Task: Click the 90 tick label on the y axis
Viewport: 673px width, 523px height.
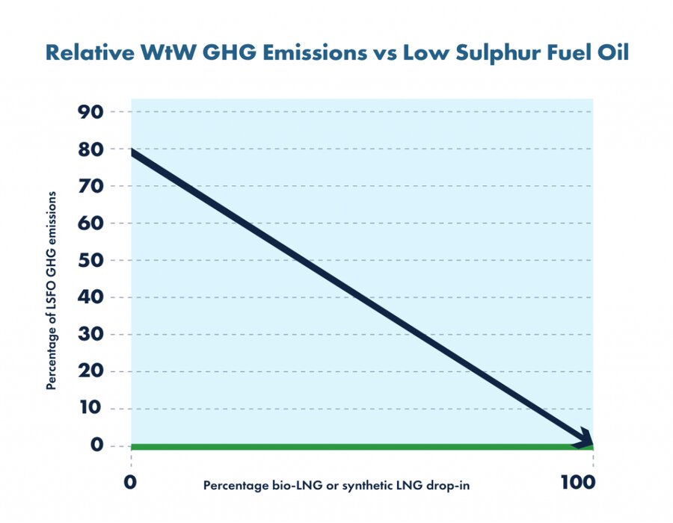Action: (x=90, y=112)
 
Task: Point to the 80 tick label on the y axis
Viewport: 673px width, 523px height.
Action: (x=90, y=149)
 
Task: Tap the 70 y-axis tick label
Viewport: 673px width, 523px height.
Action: (x=90, y=186)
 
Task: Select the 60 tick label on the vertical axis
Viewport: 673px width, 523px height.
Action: (x=90, y=223)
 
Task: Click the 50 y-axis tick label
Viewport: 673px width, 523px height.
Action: (x=90, y=260)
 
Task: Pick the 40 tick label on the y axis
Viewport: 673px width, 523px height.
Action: (x=90, y=297)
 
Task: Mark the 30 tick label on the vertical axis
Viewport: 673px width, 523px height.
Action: (x=90, y=335)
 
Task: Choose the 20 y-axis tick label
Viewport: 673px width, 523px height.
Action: (x=90, y=371)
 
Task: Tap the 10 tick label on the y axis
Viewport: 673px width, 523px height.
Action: (x=91, y=408)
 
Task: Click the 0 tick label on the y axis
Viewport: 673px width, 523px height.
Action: (x=97, y=445)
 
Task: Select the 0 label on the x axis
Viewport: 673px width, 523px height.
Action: (x=130, y=483)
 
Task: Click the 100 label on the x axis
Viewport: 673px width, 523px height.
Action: (x=578, y=483)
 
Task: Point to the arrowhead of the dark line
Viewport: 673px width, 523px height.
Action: (x=586, y=439)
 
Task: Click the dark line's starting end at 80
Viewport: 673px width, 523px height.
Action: (x=132, y=152)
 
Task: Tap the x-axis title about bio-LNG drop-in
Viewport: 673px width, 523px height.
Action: (x=336, y=486)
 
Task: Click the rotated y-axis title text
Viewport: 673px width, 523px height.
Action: (x=51, y=291)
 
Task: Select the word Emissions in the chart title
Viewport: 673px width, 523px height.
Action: (x=315, y=53)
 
